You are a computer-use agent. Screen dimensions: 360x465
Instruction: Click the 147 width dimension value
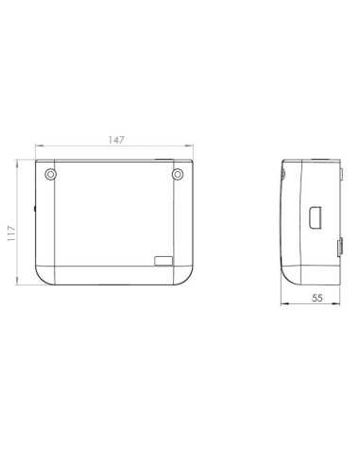[x=116, y=140]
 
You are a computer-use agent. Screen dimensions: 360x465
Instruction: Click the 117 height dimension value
[x=11, y=233]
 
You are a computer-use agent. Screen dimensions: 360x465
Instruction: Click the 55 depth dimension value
[x=317, y=298]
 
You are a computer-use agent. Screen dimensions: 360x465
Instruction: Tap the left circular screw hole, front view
[x=50, y=174]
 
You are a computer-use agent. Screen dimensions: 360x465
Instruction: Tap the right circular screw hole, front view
[x=178, y=174]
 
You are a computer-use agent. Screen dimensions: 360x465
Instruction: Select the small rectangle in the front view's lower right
[x=163, y=261]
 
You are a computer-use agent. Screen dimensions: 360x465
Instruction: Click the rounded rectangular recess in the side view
[x=316, y=217]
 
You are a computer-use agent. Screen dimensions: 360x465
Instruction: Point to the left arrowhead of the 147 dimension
[x=39, y=146]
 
